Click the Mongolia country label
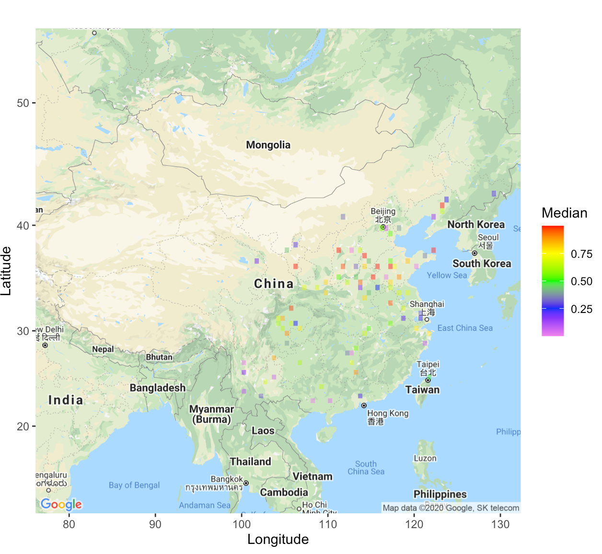point(268,145)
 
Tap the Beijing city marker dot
point(383,227)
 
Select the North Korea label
point(476,224)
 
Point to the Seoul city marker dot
point(475,253)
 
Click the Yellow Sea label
point(447,275)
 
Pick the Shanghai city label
point(427,304)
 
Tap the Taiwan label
point(422,390)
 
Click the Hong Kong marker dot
point(364,405)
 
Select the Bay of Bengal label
point(134,485)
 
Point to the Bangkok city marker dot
point(246,483)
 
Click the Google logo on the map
point(61,504)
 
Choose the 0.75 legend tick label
point(581,254)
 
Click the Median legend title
point(564,213)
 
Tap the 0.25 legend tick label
point(581,309)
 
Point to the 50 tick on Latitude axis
point(23,103)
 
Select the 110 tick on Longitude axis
point(328,524)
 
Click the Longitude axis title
point(278,540)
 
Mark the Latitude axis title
point(6,271)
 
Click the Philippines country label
point(440,494)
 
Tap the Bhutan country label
point(159,357)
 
